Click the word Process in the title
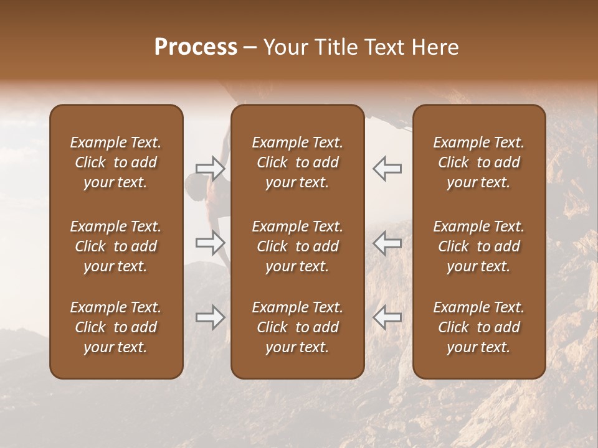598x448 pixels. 196,47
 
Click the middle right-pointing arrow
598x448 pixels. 210,243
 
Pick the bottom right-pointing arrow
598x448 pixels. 210,317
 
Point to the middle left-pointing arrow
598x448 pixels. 387,243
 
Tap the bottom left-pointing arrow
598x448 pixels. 387,317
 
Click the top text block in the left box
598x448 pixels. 116,162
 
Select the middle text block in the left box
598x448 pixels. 116,246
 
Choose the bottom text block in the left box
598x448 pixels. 116,327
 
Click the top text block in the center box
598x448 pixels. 298,162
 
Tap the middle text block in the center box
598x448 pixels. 298,246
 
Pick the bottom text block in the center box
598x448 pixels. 298,327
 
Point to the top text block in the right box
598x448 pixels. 479,162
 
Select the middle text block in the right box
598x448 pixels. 479,246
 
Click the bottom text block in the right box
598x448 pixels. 479,327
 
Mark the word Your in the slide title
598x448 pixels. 285,47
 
